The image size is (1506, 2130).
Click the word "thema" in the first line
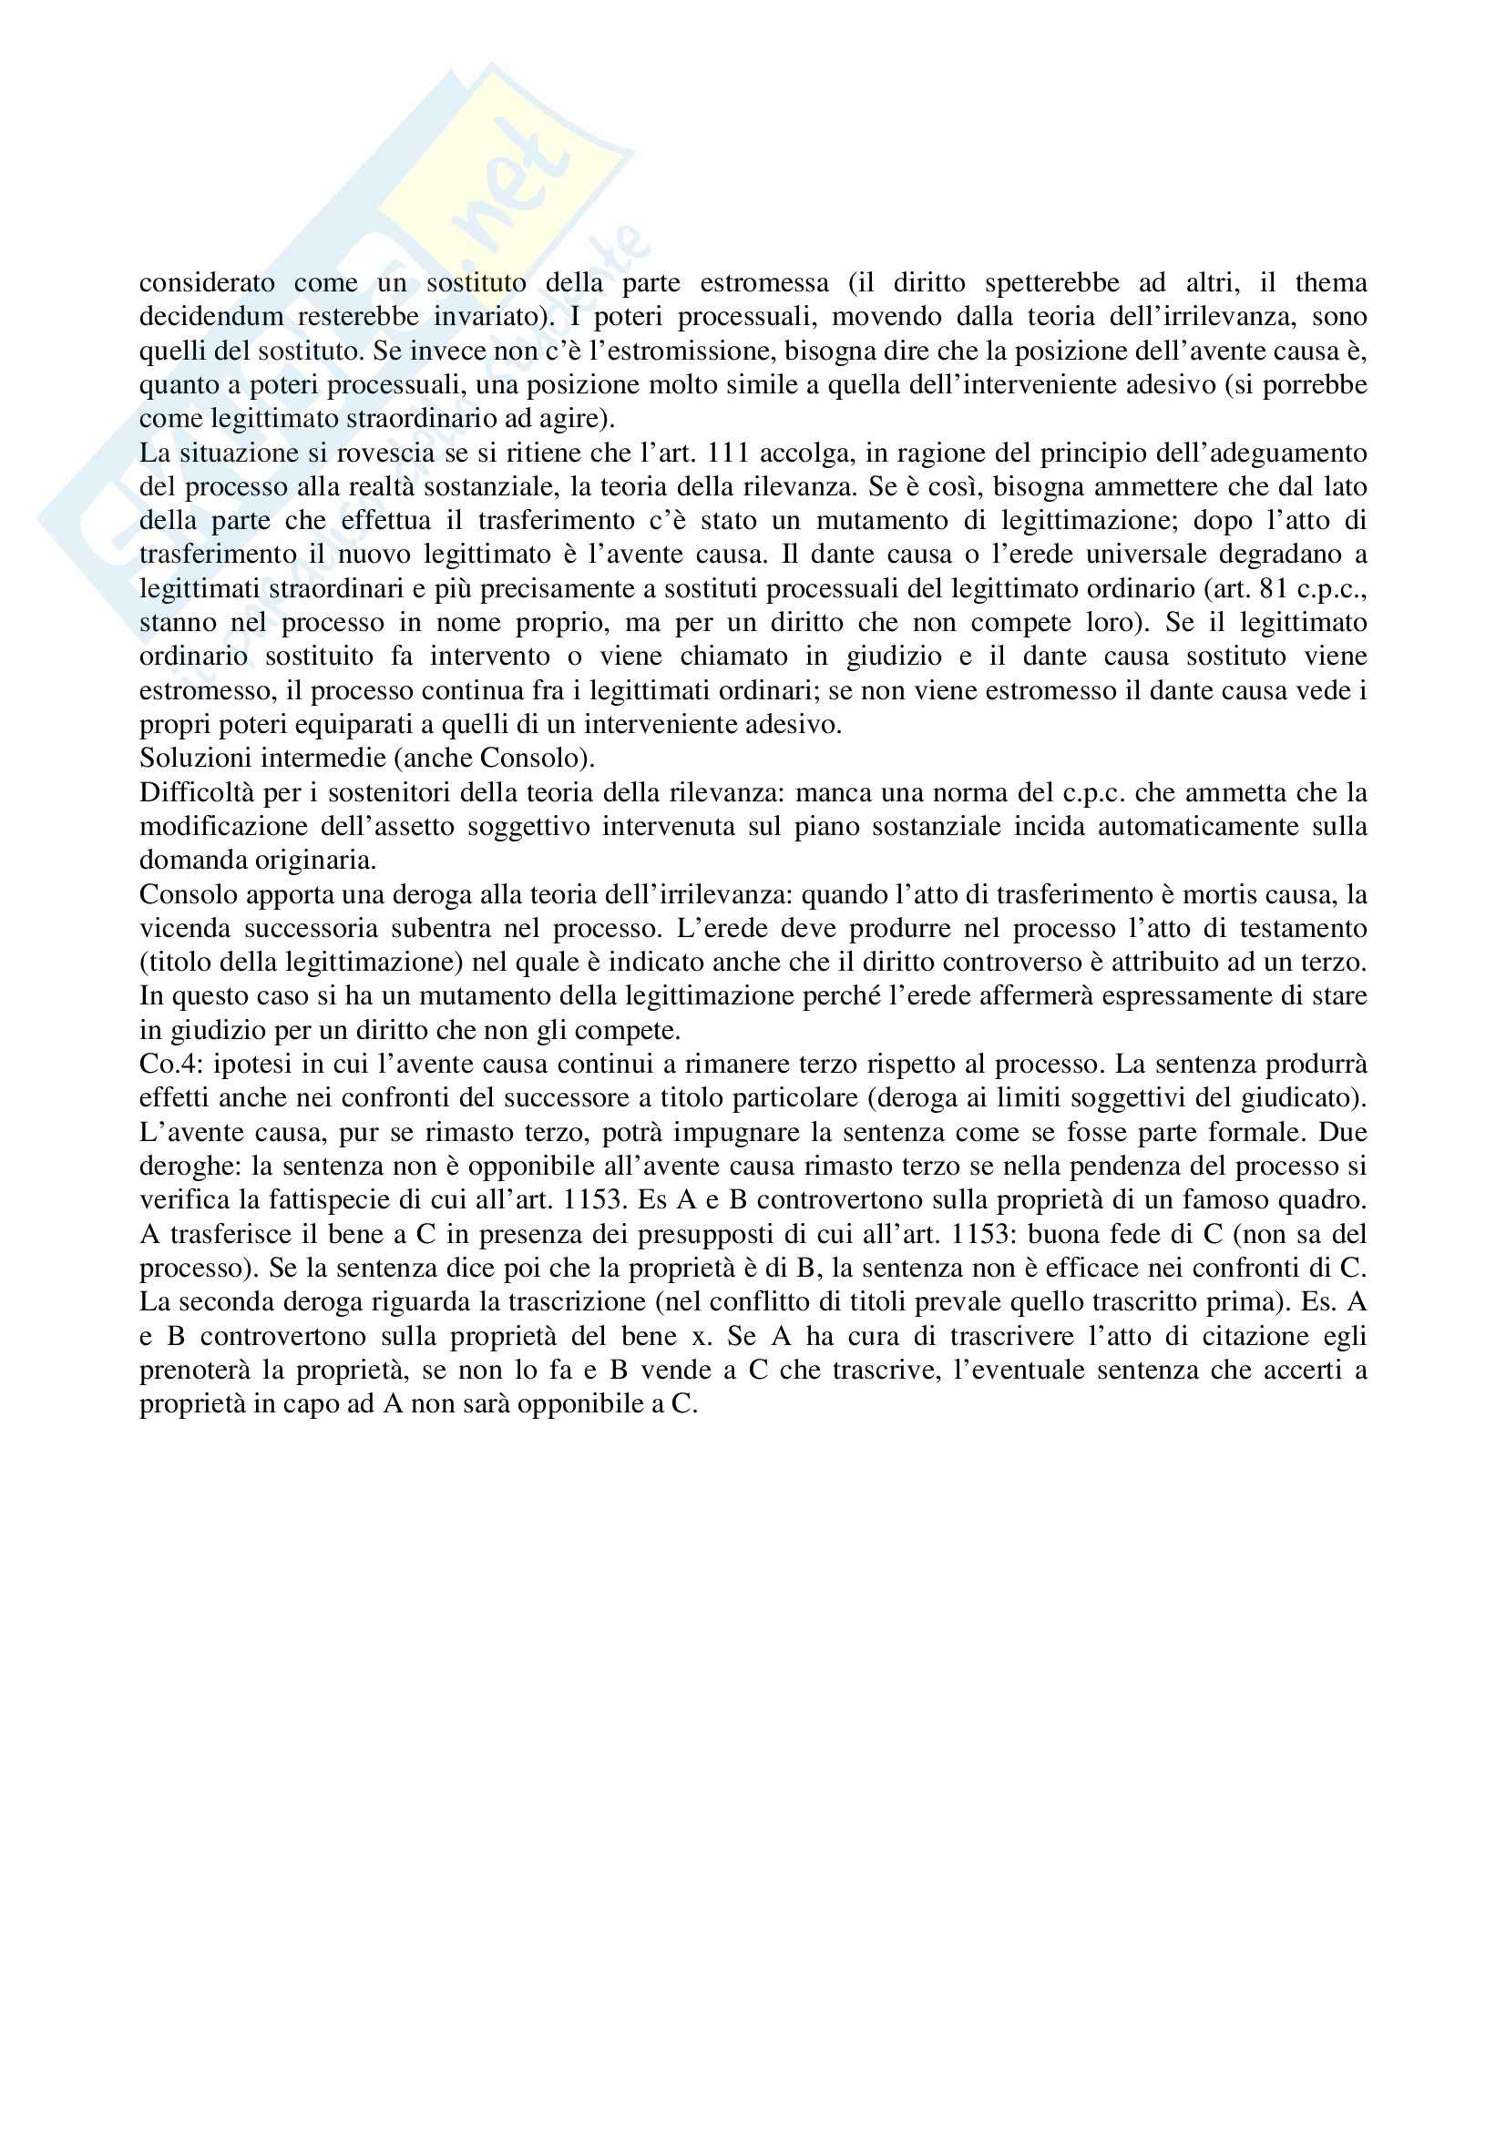point(1331,282)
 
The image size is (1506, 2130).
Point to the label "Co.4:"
point(168,1064)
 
